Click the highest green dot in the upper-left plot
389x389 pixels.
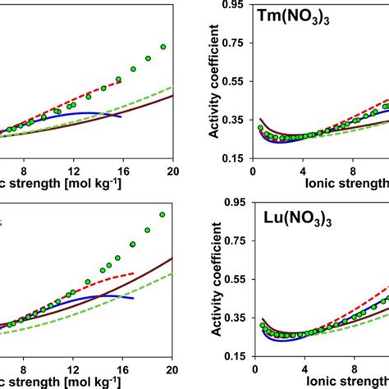[x=162, y=48]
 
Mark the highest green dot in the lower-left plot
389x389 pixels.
[x=162, y=214]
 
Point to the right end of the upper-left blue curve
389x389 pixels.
[x=121, y=116]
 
